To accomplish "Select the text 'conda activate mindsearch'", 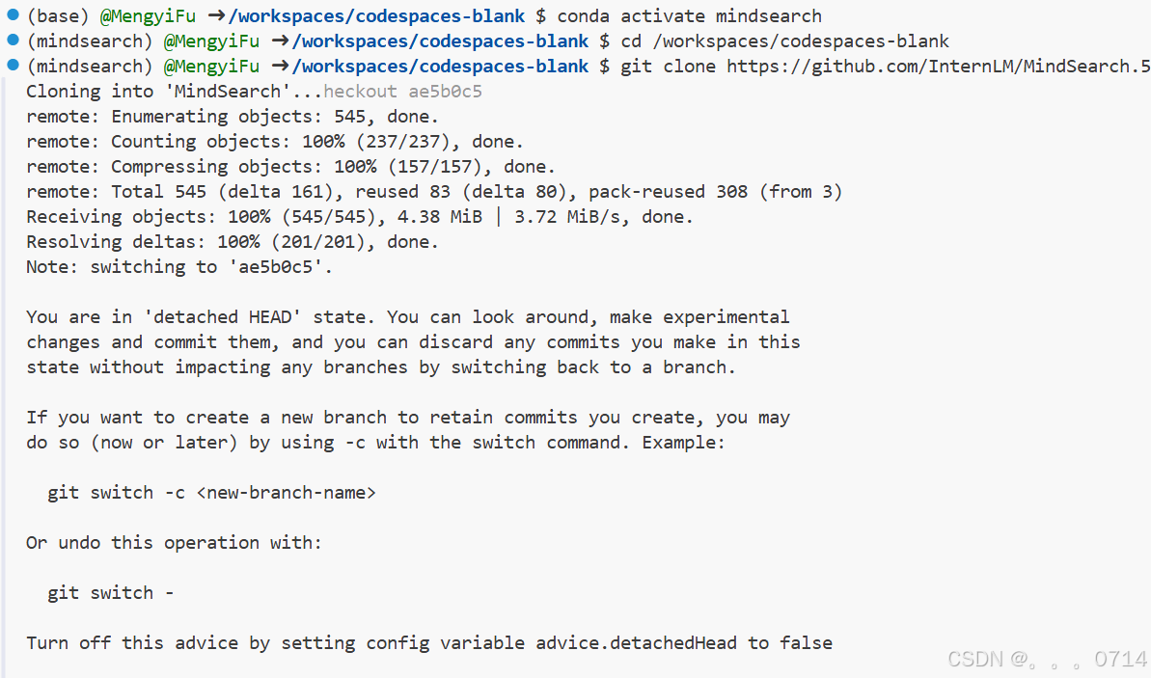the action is pos(690,16).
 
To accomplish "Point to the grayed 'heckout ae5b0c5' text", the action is pos(402,92).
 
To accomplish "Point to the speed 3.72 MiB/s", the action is pos(572,217).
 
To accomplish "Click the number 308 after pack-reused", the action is pos(731,192).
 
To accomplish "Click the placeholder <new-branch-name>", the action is pos(286,493).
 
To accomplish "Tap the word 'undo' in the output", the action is pos(79,543).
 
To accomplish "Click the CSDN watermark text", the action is pos(1047,660).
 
